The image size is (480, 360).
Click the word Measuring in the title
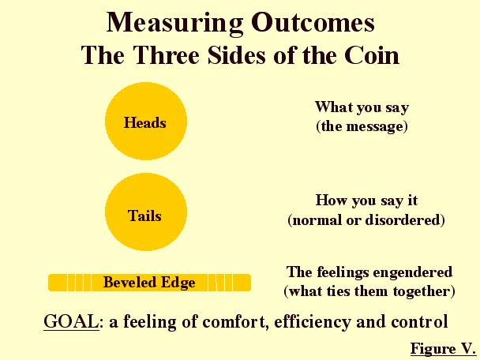174,23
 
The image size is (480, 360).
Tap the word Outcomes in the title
313,22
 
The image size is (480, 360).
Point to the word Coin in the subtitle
372,55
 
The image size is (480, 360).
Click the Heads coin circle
146,122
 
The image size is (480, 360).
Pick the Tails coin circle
146,212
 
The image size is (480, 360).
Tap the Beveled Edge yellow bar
149,283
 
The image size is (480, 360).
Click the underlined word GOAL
71,321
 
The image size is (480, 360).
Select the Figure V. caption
443,348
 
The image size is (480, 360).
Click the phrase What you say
362,107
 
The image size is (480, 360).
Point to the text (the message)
362,126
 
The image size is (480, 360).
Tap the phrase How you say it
366,201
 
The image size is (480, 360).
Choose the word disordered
405,219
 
